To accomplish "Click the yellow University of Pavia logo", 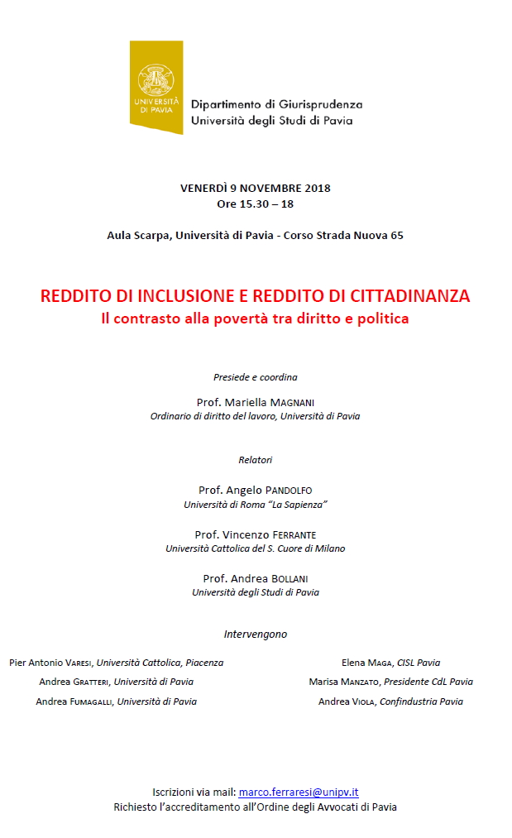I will [156, 86].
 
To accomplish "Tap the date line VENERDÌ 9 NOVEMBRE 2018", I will [255, 188].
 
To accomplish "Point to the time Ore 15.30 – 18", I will [255, 204].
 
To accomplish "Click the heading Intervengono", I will [255, 634].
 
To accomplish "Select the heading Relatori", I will [255, 460].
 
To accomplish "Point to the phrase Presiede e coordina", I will [255, 377].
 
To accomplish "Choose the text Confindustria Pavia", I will [421, 702].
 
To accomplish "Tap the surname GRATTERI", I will [91, 682].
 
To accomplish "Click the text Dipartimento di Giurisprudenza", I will [276, 105].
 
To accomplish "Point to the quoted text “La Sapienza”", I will [299, 504].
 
